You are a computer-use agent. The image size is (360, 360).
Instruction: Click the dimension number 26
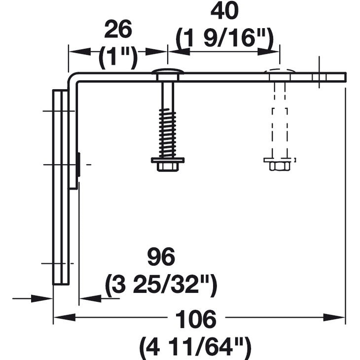(118, 31)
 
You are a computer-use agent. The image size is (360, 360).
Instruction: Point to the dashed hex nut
(280, 165)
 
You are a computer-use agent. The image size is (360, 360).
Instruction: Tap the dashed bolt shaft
(280, 118)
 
